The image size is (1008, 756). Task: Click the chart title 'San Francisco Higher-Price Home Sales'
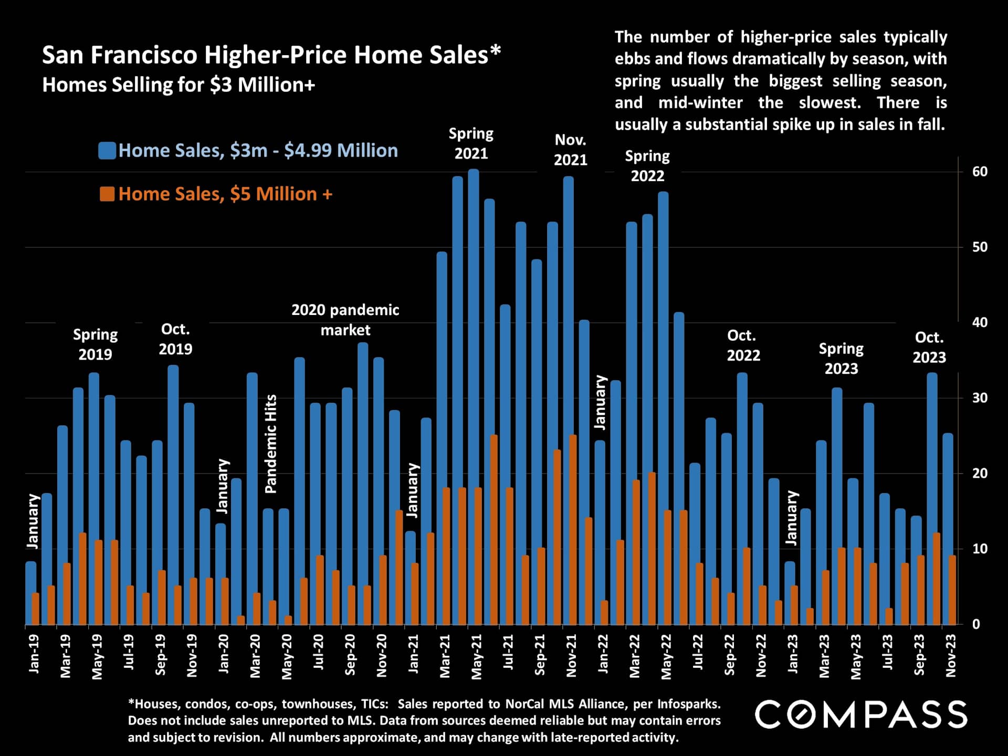pyautogui.click(x=271, y=55)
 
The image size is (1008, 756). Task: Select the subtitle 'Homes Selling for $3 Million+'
pyautogui.click(x=178, y=85)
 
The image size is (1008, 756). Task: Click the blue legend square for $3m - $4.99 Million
pyautogui.click(x=107, y=151)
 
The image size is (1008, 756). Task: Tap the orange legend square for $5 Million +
pyautogui.click(x=107, y=194)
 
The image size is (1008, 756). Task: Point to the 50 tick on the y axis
pyautogui.click(x=979, y=247)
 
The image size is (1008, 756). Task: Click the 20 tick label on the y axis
pyautogui.click(x=979, y=474)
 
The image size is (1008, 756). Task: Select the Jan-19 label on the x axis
pyautogui.click(x=34, y=654)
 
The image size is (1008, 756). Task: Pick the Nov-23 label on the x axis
pyautogui.click(x=951, y=655)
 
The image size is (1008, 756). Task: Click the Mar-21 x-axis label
pyautogui.click(x=445, y=656)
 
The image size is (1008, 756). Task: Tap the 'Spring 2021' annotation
pyautogui.click(x=471, y=143)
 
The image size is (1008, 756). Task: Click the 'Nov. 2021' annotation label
pyautogui.click(x=570, y=150)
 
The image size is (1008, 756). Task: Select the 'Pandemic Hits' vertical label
pyautogui.click(x=270, y=444)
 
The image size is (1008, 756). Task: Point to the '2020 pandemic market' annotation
pyautogui.click(x=345, y=320)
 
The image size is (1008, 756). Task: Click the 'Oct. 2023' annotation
pyautogui.click(x=929, y=347)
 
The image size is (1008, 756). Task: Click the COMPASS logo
pyautogui.click(x=861, y=715)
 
